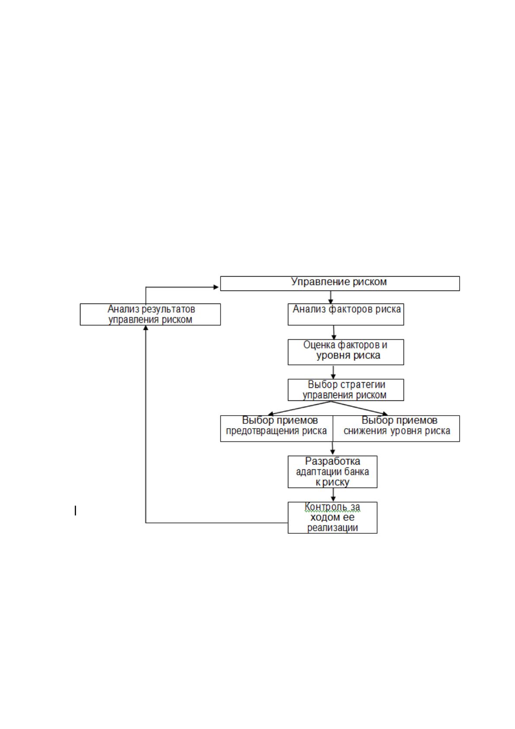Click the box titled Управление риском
[340, 284]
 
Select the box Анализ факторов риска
[345, 314]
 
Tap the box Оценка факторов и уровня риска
[345, 352]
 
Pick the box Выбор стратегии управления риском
[345, 390]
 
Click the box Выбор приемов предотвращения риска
[277, 429]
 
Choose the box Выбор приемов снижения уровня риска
[397, 429]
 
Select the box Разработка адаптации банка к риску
[332, 472]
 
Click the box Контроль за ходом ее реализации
[332, 518]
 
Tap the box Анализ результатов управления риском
[150, 314]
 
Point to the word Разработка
[332, 461]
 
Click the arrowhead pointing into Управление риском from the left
[216, 287]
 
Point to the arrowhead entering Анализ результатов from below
[146, 328]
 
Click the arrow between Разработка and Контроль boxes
[333, 495]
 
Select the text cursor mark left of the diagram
[75, 511]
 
